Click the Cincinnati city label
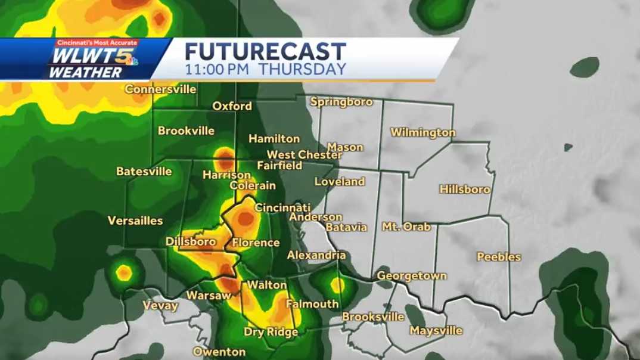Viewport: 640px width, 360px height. pyautogui.click(x=282, y=208)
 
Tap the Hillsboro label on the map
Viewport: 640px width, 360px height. pyautogui.click(x=465, y=190)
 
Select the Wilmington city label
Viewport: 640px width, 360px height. pyautogui.click(x=423, y=132)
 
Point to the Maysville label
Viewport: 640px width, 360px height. pyautogui.click(x=436, y=330)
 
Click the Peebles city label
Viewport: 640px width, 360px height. pyautogui.click(x=499, y=257)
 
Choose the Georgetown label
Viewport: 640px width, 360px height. pyautogui.click(x=412, y=277)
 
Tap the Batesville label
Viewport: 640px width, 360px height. pyautogui.click(x=144, y=172)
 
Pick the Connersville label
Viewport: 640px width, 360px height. pyautogui.click(x=161, y=89)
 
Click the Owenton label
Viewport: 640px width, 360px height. pyautogui.click(x=219, y=352)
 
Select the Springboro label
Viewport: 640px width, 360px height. pyautogui.click(x=341, y=102)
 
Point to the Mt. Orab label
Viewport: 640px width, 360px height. pyautogui.click(x=406, y=227)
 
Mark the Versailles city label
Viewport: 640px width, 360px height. pyautogui.click(x=135, y=221)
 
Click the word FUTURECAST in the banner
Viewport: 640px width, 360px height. pyautogui.click(x=265, y=51)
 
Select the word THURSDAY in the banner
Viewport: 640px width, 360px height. pyautogui.click(x=304, y=69)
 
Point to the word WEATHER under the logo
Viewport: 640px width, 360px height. pyautogui.click(x=85, y=73)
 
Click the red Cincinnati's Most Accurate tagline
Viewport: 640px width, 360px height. pyautogui.click(x=97, y=43)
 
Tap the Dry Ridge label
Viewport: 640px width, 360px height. pyautogui.click(x=271, y=331)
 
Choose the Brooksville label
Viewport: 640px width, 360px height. pyautogui.click(x=373, y=317)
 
